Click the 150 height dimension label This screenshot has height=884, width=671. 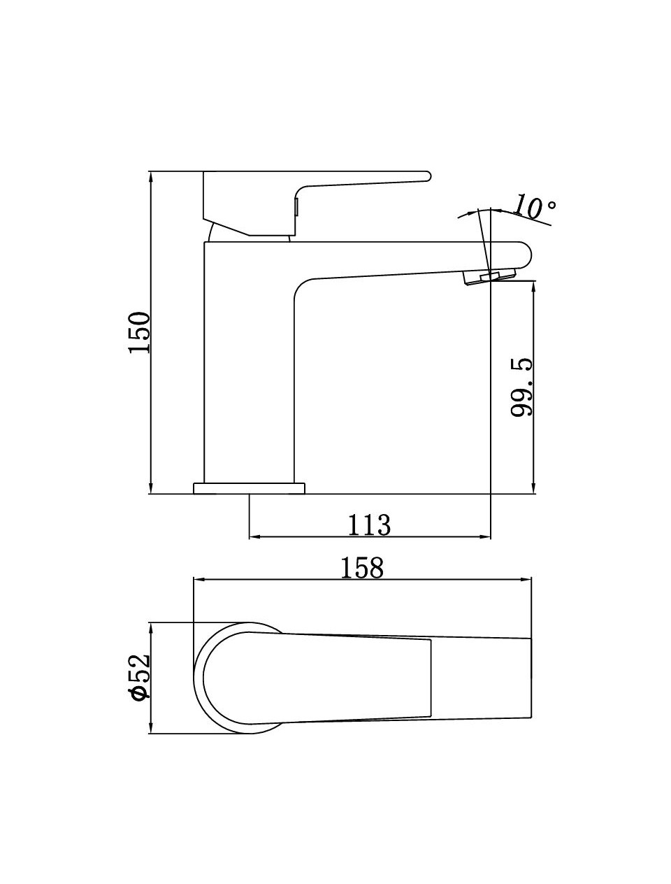[139, 332]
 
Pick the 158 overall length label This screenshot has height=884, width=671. [362, 567]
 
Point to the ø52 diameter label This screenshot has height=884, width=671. [140, 677]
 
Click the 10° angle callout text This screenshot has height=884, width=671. [535, 207]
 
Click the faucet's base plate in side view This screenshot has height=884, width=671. [250, 488]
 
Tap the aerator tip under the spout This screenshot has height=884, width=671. [482, 278]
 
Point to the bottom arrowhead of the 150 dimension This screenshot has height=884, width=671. [151, 489]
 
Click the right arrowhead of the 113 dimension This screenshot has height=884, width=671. [486, 537]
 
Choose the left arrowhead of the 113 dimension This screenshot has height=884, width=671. [254, 537]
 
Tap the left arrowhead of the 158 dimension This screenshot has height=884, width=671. [198, 579]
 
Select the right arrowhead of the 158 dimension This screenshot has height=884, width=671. [527, 579]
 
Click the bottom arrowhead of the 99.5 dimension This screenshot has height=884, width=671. [534, 489]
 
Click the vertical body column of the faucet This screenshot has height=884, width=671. [248, 364]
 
